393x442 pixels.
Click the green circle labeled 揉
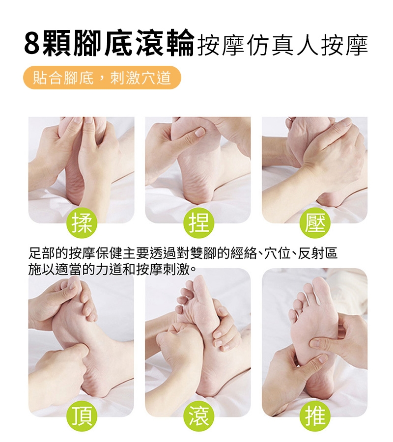[x=82, y=224]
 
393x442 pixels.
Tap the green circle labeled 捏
[x=199, y=224]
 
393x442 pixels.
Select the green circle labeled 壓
[x=315, y=224]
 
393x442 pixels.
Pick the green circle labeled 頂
[x=82, y=416]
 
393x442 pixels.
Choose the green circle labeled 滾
[x=199, y=416]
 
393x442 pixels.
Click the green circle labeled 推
[x=315, y=416]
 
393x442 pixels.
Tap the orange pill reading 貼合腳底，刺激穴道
[x=102, y=78]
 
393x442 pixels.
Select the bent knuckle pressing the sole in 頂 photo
[x=82, y=350]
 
